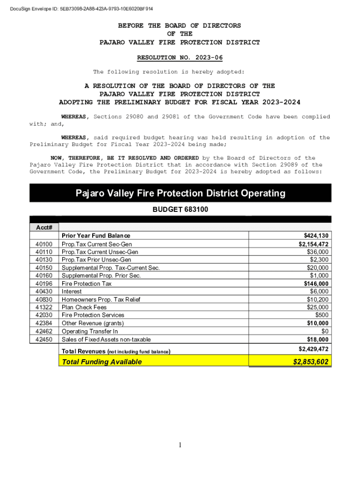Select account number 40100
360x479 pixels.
click(x=43, y=244)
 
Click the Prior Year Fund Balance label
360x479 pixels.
click(x=96, y=236)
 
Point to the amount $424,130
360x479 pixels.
click(x=316, y=236)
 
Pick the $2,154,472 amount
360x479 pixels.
click(x=313, y=244)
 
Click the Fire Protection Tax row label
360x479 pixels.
click(x=86, y=284)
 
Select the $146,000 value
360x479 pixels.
click(x=316, y=284)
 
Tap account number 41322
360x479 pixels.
click(x=43, y=307)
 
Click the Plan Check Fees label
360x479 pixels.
click(x=84, y=307)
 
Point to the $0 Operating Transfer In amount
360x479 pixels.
click(x=324, y=332)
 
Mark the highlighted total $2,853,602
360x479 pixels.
click(x=310, y=362)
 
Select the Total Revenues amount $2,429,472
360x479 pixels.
click(x=313, y=349)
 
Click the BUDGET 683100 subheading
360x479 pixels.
click(x=180, y=210)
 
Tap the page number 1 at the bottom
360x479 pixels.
click(x=180, y=444)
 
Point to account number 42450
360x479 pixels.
click(x=43, y=340)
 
